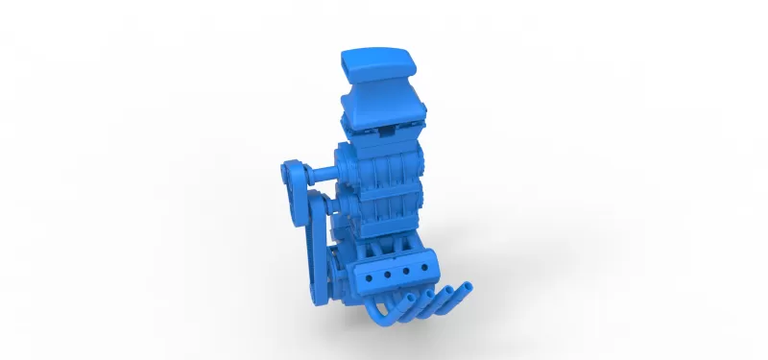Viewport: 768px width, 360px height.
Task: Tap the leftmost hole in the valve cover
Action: pyautogui.click(x=372, y=276)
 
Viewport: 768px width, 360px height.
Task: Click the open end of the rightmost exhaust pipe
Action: pyautogui.click(x=466, y=286)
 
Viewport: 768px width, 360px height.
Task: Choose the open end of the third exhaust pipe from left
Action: pyautogui.click(x=447, y=292)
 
